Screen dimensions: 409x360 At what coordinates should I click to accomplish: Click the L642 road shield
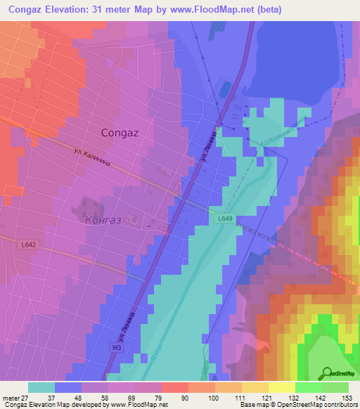(x=29, y=243)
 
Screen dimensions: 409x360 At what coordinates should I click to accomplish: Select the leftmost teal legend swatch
(x=41, y=387)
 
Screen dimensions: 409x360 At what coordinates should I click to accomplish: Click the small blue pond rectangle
(x=224, y=89)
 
